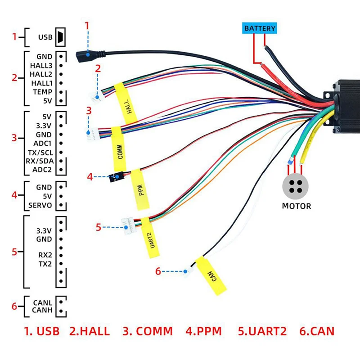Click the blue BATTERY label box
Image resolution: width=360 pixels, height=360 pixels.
(260, 28)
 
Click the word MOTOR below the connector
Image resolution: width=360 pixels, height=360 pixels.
(296, 206)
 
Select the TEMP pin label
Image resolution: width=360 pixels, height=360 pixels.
(43, 92)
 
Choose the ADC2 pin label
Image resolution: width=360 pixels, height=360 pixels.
(42, 169)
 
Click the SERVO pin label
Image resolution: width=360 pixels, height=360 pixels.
(40, 205)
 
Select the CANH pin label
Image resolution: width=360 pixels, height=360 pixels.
(42, 310)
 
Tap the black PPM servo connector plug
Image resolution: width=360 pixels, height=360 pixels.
(116, 177)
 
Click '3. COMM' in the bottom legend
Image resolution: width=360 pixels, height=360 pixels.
(147, 332)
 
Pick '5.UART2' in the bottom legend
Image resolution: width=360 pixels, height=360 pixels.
(262, 332)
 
